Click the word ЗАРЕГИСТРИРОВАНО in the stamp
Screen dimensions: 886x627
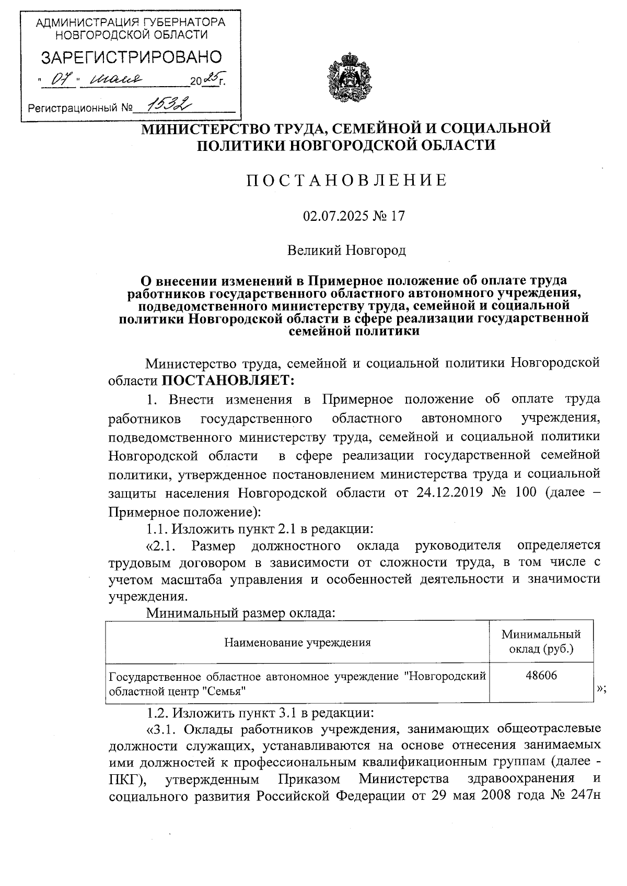pos(131,57)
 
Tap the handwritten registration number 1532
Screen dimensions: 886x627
pos(167,106)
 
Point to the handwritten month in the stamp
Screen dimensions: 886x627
pos(116,79)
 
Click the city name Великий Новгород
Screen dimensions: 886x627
pos(347,251)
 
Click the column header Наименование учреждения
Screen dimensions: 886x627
pos(297,642)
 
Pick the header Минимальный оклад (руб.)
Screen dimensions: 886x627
pos(541,642)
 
